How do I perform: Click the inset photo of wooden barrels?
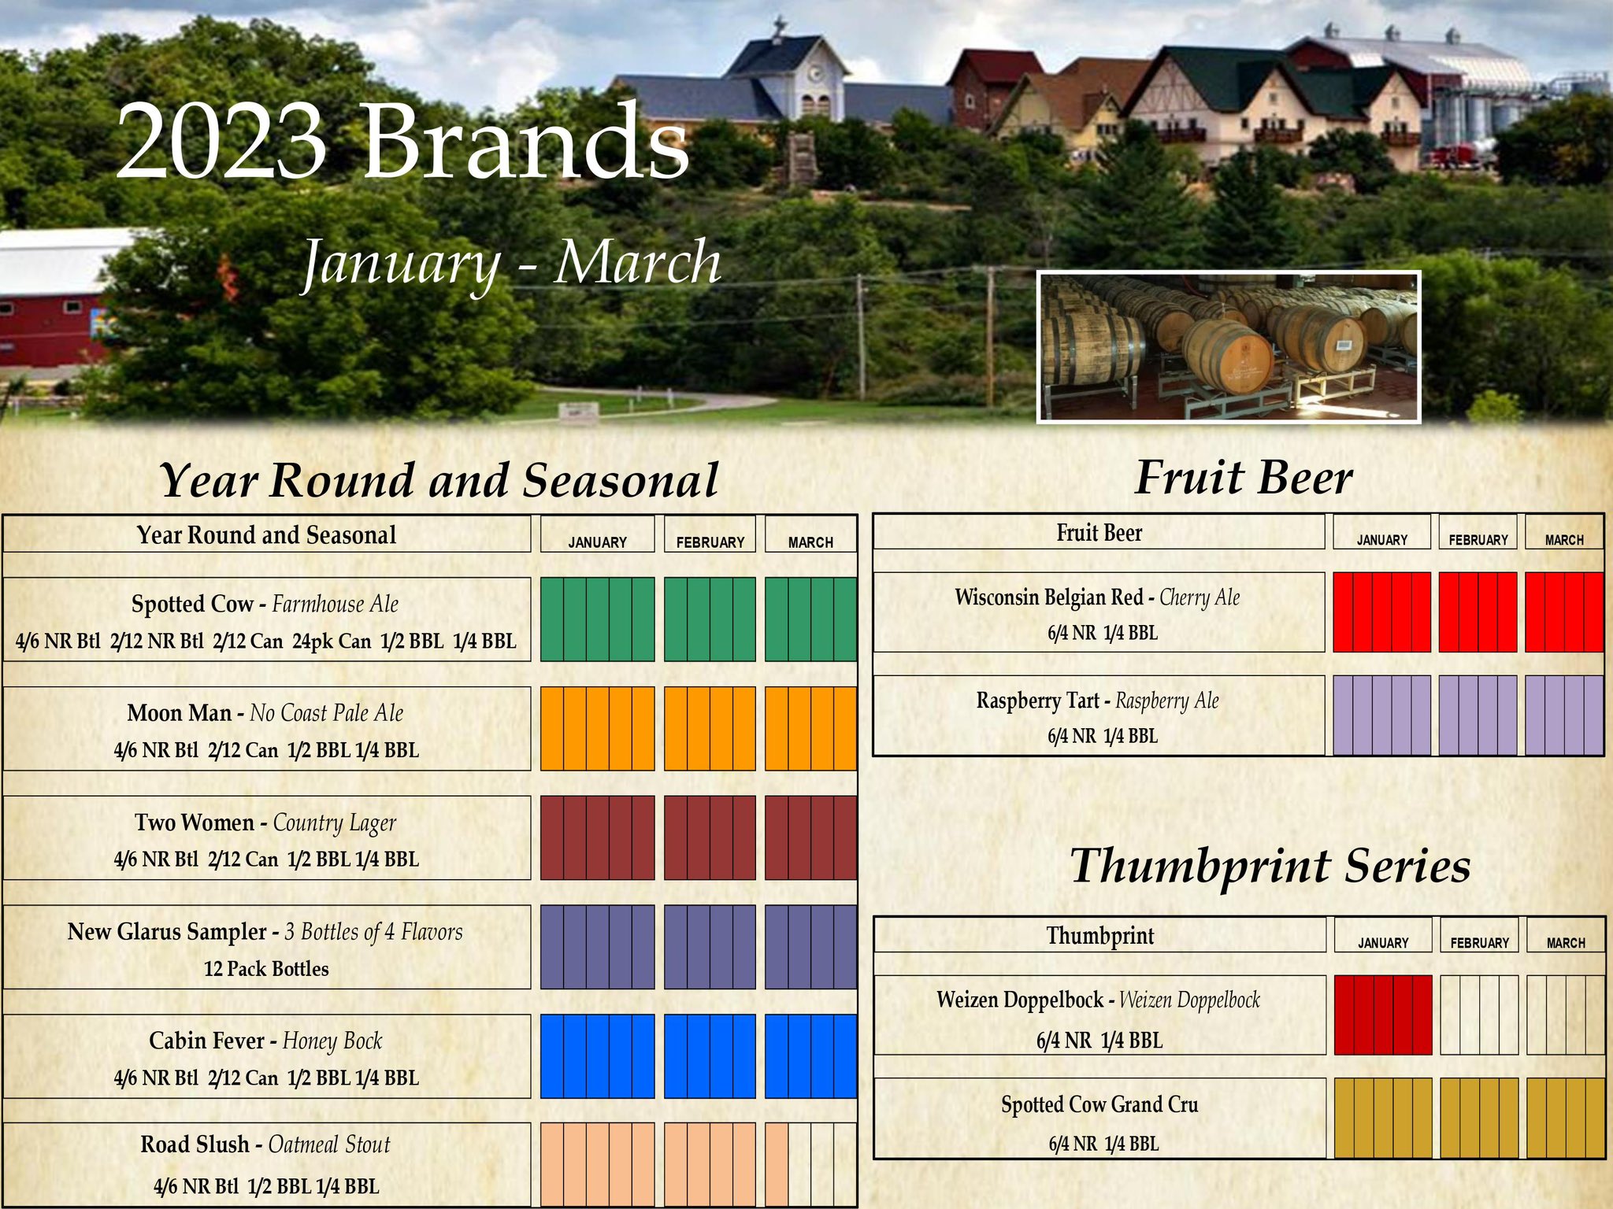click(x=1229, y=347)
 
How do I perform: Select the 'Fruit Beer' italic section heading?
click(x=1244, y=478)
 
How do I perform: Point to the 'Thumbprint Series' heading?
click(x=1270, y=866)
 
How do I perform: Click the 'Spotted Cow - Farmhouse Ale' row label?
click(x=265, y=604)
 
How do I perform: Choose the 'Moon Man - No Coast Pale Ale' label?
click(x=265, y=713)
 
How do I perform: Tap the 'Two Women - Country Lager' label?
click(x=265, y=823)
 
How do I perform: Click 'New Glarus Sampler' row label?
click(x=265, y=933)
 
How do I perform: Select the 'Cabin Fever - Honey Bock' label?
click(x=265, y=1041)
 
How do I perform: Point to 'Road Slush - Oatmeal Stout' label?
click(x=265, y=1145)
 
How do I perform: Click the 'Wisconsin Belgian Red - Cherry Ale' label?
click(x=1097, y=598)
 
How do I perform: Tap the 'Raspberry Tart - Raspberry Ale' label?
click(x=1097, y=701)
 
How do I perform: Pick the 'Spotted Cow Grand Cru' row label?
click(x=1099, y=1105)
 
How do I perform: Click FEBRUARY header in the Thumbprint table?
click(x=1480, y=943)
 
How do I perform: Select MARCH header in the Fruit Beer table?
click(x=1564, y=540)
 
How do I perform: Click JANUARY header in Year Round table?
click(x=598, y=542)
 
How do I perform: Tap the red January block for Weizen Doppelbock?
click(x=1383, y=1015)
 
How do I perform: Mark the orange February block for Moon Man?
click(x=710, y=728)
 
